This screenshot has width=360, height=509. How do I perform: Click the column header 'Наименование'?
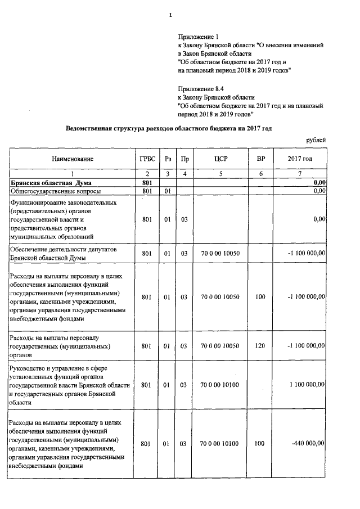[x=73, y=159]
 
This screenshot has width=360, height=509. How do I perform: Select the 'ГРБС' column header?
[x=147, y=159]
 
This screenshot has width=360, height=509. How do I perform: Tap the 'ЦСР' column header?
[x=220, y=159]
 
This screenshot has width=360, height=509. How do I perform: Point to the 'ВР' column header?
[x=260, y=159]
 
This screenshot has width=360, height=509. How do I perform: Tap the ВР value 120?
[x=260, y=346]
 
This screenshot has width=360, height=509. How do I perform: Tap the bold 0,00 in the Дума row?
[x=319, y=183]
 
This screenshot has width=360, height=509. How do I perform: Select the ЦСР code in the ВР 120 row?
[x=220, y=346]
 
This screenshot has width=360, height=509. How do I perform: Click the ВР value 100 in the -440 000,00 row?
[x=260, y=444]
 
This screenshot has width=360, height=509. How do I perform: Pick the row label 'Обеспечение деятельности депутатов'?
[x=62, y=249]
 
